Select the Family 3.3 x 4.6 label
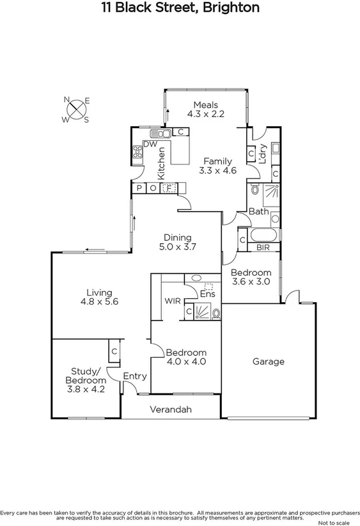coord(217,166)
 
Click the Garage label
coord(268,362)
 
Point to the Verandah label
coord(171,410)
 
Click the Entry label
coord(134,376)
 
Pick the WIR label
coord(171,301)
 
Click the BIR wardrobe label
coord(263,247)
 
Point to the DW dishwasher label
coord(150,145)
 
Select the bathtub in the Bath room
coord(262,234)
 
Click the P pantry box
coord(139,188)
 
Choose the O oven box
coord(153,188)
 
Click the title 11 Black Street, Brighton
coord(180,8)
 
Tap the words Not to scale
coord(339,522)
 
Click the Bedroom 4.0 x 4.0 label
coord(186,357)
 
